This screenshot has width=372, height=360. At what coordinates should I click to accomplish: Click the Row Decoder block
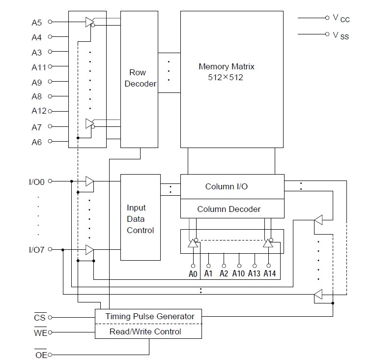pyautogui.click(x=140, y=79)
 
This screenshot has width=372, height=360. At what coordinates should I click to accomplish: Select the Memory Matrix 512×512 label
pyautogui.click(x=227, y=72)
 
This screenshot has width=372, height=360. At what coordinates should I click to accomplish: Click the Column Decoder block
pyautogui.click(x=229, y=209)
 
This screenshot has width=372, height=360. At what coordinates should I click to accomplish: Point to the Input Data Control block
pyautogui.click(x=140, y=219)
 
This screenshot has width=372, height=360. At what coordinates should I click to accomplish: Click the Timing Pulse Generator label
pyautogui.click(x=150, y=316)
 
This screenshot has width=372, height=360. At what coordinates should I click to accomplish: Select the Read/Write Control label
pyautogui.click(x=145, y=331)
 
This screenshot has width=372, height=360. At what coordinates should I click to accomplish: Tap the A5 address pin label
pyautogui.click(x=37, y=22)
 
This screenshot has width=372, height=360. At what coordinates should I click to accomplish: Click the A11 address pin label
pyautogui.click(x=38, y=67)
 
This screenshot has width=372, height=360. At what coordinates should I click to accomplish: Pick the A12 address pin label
pyautogui.click(x=38, y=111)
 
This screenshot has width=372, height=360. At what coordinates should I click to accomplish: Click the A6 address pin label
pyautogui.click(x=37, y=142)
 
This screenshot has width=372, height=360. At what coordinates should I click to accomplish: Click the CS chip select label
pyautogui.click(x=40, y=318)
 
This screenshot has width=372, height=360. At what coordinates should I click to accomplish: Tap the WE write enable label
pyautogui.click(x=40, y=333)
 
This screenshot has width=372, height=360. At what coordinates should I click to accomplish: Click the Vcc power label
pyautogui.click(x=341, y=18)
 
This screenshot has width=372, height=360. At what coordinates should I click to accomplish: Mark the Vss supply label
pyautogui.click(x=341, y=35)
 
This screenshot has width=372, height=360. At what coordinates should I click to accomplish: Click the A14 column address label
pyautogui.click(x=269, y=273)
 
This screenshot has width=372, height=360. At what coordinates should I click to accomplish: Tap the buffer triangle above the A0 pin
pyautogui.click(x=193, y=243)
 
